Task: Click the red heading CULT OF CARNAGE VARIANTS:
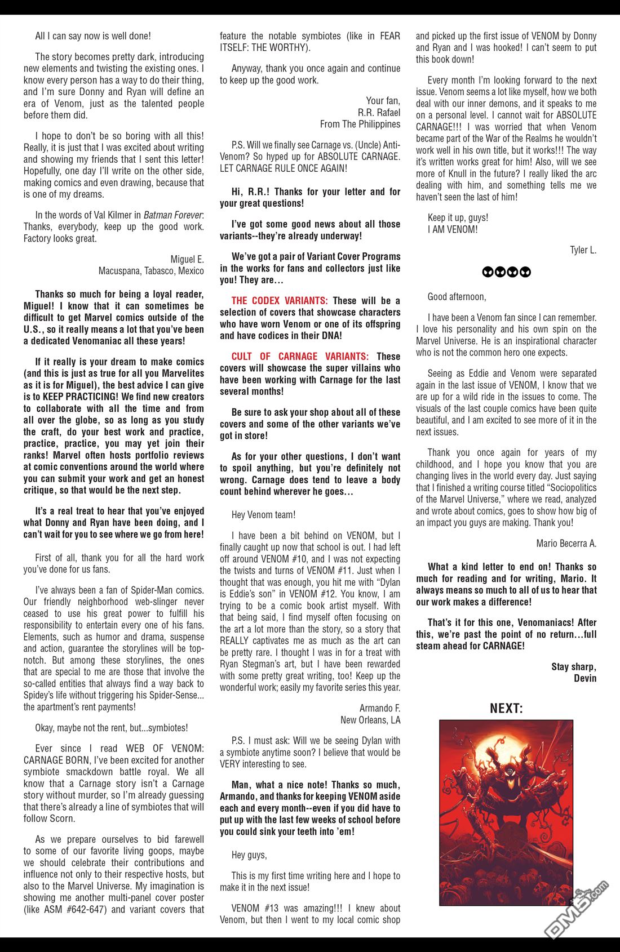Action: click(x=300, y=357)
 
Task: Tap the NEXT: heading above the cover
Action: click(x=506, y=708)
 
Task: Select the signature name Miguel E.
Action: click(x=187, y=259)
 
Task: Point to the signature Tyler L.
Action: click(x=583, y=250)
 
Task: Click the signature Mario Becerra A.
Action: click(x=566, y=544)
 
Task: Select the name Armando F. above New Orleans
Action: click(x=379, y=708)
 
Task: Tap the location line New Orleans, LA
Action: click(x=370, y=720)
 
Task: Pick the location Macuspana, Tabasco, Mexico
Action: click(x=151, y=271)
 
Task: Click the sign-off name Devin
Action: click(x=584, y=678)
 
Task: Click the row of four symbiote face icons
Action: click(x=506, y=273)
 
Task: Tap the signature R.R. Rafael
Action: click(x=379, y=113)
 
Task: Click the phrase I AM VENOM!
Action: click(x=452, y=229)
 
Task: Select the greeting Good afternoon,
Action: click(x=457, y=297)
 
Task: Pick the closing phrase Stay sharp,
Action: click(x=574, y=667)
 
